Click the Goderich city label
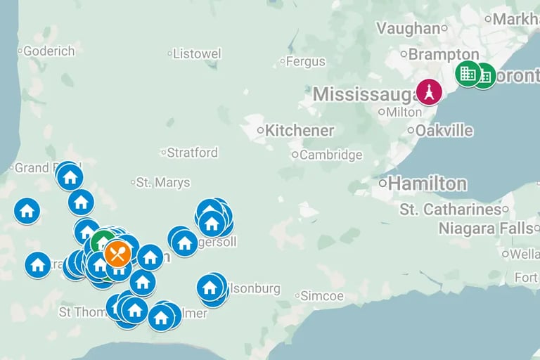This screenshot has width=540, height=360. click(x=49, y=51)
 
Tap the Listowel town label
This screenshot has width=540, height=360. click(x=197, y=53)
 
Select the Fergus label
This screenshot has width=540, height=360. click(x=306, y=61)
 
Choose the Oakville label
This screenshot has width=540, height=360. click(x=444, y=131)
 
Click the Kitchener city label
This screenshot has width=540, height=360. click(x=300, y=131)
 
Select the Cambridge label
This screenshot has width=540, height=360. click(x=330, y=155)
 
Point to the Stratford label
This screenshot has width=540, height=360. click(x=193, y=153)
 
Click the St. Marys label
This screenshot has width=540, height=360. click(x=163, y=183)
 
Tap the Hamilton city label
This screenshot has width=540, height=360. click(x=427, y=184)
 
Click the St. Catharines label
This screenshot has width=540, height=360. click(x=450, y=210)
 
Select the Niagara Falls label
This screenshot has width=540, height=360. click(x=485, y=229)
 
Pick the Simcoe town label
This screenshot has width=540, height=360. click(x=322, y=296)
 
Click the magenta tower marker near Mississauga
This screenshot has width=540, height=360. click(x=429, y=92)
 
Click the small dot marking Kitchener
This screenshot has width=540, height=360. click(x=260, y=131)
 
